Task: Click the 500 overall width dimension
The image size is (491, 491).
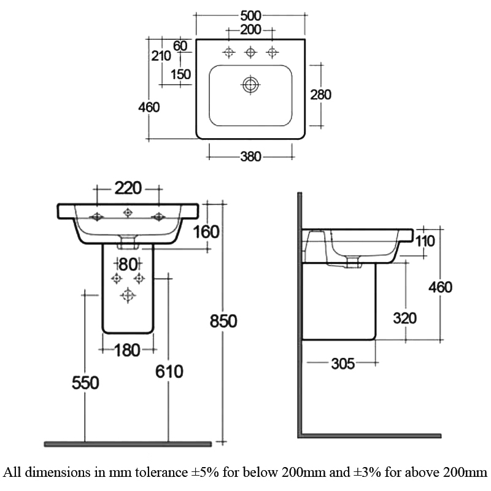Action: [250, 15]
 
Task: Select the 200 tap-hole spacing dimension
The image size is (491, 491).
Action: [250, 29]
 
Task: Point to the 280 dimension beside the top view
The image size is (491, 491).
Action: [320, 95]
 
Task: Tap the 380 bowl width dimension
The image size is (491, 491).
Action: [250, 157]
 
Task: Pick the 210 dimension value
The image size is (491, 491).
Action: [161, 56]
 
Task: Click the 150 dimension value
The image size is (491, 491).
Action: [180, 74]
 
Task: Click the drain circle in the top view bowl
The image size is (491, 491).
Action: [250, 85]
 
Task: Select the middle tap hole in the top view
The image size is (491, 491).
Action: [250, 53]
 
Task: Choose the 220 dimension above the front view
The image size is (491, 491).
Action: [128, 187]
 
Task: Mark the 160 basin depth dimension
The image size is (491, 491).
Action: [206, 231]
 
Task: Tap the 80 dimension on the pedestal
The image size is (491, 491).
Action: [128, 265]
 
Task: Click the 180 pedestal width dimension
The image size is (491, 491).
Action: [128, 350]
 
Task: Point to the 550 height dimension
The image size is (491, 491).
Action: [85, 382]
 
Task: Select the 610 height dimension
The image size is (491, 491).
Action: [169, 371]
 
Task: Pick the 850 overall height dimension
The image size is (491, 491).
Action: [224, 321]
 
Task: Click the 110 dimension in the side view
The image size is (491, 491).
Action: [425, 241]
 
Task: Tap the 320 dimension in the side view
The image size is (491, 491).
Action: [405, 318]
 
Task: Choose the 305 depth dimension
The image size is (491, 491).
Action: [342, 363]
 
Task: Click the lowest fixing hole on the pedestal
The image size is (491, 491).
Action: [128, 296]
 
